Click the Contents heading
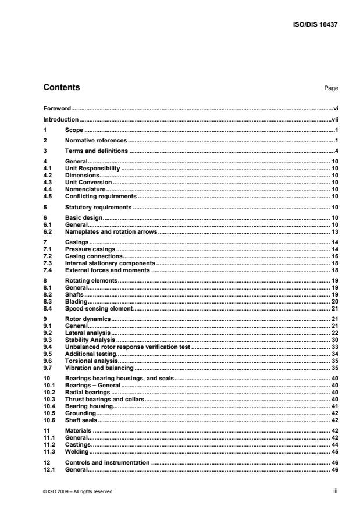click(62, 88)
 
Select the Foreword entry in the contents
click(57, 109)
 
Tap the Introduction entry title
click(61, 119)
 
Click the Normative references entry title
click(95, 141)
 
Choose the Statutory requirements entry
click(98, 207)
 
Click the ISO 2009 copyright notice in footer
click(78, 491)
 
